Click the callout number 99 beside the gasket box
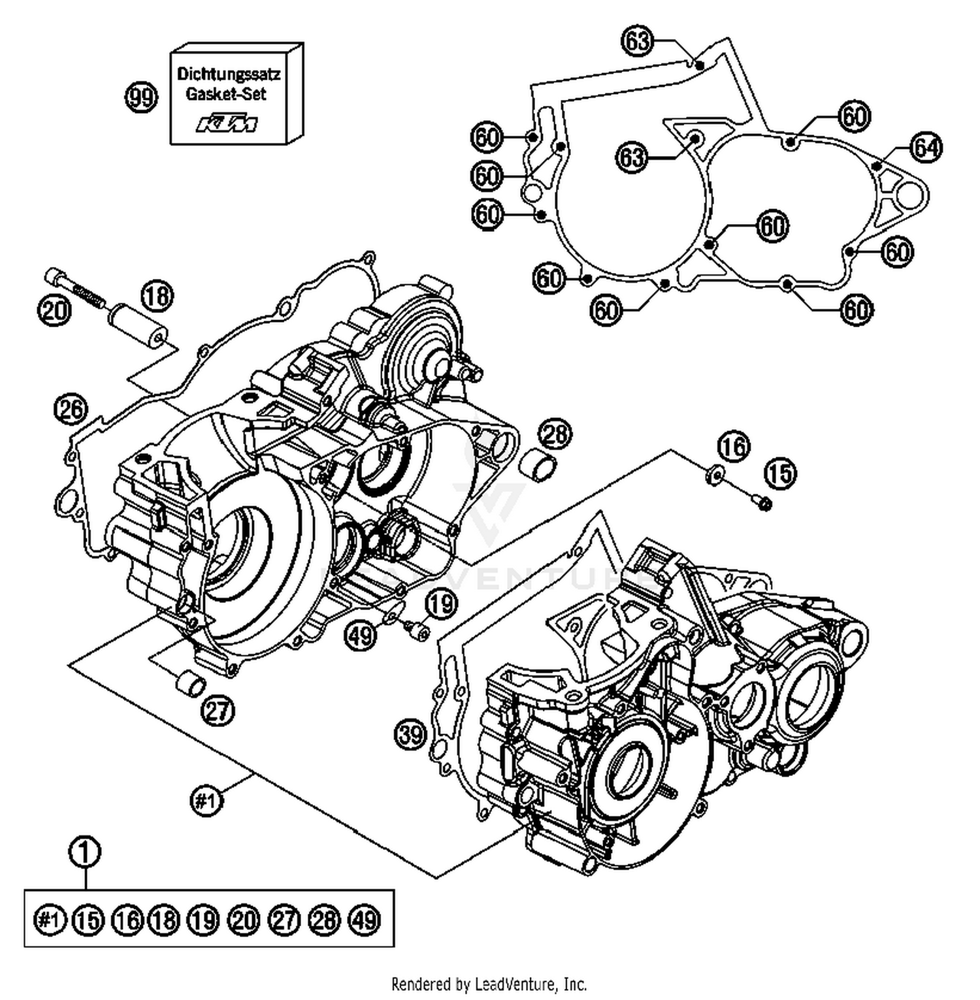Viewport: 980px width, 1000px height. pos(141,98)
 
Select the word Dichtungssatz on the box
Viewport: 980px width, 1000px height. pos(229,74)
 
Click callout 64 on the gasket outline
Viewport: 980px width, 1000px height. pos(926,148)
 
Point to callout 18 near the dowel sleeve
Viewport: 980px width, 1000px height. pos(157,297)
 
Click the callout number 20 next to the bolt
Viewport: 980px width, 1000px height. pos(54,309)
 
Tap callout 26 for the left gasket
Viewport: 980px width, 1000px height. pos(71,410)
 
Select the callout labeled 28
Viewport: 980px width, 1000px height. pos(555,434)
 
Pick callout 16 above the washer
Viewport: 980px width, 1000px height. pos(733,447)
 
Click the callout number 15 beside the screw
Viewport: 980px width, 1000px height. pos(780,473)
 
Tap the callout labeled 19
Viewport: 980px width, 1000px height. pos(442,604)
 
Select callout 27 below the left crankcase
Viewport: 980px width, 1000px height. pos(218,710)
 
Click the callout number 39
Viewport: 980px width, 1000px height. pos(411,735)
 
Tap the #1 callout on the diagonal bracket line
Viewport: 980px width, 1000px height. pos(206,801)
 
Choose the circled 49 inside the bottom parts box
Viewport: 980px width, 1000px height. pos(365,920)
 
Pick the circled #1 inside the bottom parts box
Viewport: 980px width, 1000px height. pos(50,920)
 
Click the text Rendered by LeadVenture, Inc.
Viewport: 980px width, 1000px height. pos(489,983)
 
